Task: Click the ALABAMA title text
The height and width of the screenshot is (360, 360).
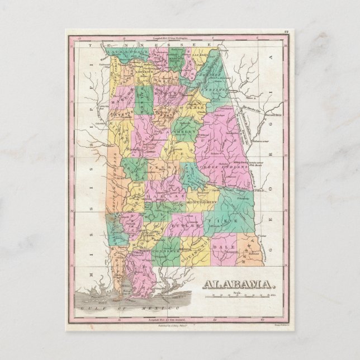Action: (239, 284)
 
